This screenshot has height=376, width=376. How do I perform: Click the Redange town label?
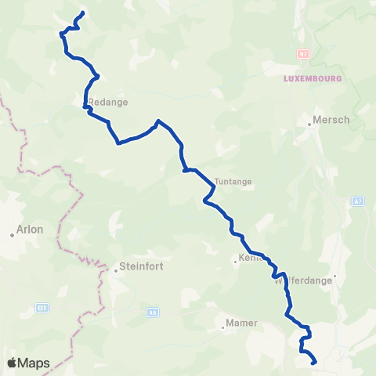point(107,102)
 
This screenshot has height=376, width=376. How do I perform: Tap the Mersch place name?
point(331,120)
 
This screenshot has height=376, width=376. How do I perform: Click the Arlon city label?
point(30,230)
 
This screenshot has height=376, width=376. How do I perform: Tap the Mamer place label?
point(241,322)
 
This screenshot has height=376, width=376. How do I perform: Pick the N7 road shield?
point(303,54)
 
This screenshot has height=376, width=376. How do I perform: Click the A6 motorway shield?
point(152,312)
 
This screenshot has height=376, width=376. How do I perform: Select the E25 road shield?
point(42,308)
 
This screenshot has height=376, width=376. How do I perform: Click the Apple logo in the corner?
point(13,363)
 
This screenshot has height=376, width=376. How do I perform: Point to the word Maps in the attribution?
point(34,363)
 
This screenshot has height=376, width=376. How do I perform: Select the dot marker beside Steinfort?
point(115,269)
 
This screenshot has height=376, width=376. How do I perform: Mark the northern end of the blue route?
point(82,13)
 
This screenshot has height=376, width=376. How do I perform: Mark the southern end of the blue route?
point(314,363)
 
